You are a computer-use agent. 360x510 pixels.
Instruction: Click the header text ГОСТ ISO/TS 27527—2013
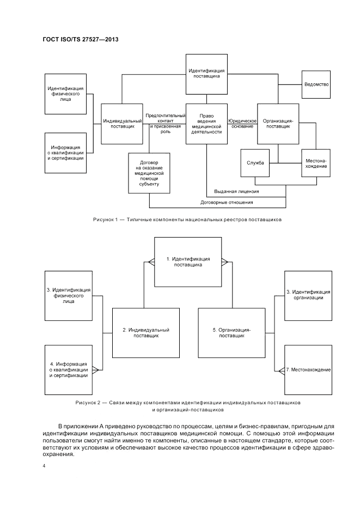coord(81,40)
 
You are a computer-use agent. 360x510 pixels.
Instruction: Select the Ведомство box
coord(316,84)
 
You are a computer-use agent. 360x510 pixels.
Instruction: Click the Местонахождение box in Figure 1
coord(316,162)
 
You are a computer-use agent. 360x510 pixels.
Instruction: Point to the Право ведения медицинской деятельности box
coord(206,123)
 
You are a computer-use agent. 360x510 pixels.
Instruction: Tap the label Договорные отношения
coord(227,202)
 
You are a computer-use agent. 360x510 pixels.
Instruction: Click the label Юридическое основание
coord(242,123)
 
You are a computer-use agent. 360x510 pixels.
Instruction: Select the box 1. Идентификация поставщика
coord(187,262)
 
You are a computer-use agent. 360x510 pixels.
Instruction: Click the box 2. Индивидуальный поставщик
coord(146,332)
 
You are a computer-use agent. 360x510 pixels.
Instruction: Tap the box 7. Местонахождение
coord(308,369)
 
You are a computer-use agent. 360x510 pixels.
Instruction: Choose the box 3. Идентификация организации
coord(308,295)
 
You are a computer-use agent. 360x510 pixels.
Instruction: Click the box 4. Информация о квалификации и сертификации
coord(68,369)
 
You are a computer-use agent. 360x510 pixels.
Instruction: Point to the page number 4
coord(44,466)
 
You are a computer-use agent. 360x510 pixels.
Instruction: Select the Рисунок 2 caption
coord(187,406)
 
